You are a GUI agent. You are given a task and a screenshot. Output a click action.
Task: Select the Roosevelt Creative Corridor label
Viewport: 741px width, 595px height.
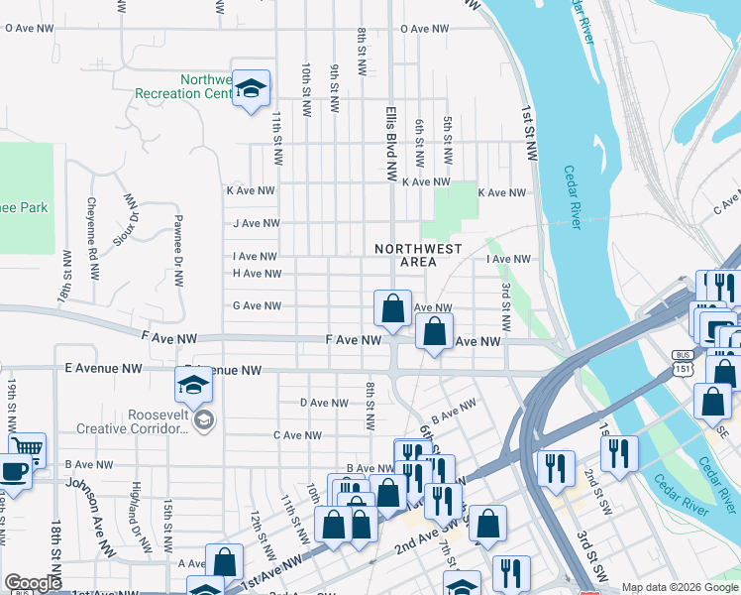point(132,422)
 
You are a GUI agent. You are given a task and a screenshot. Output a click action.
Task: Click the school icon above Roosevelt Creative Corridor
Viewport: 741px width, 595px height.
point(194,386)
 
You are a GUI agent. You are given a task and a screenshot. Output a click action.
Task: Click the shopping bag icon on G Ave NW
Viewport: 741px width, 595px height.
point(392,308)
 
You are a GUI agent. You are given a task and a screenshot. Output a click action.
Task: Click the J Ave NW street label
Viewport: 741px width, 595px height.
point(256,224)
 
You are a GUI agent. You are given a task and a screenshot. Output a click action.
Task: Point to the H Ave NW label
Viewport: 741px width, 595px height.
point(257,274)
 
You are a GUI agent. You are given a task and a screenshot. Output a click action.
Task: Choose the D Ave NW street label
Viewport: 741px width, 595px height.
point(324,403)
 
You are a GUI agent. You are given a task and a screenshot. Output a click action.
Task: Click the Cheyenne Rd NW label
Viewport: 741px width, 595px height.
point(92,228)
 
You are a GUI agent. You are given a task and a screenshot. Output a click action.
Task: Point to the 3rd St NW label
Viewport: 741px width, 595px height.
point(505,306)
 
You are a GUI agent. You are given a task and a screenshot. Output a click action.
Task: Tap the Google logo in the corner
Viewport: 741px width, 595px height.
point(32,583)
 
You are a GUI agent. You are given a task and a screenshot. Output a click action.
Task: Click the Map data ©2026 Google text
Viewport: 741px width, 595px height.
point(680,587)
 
